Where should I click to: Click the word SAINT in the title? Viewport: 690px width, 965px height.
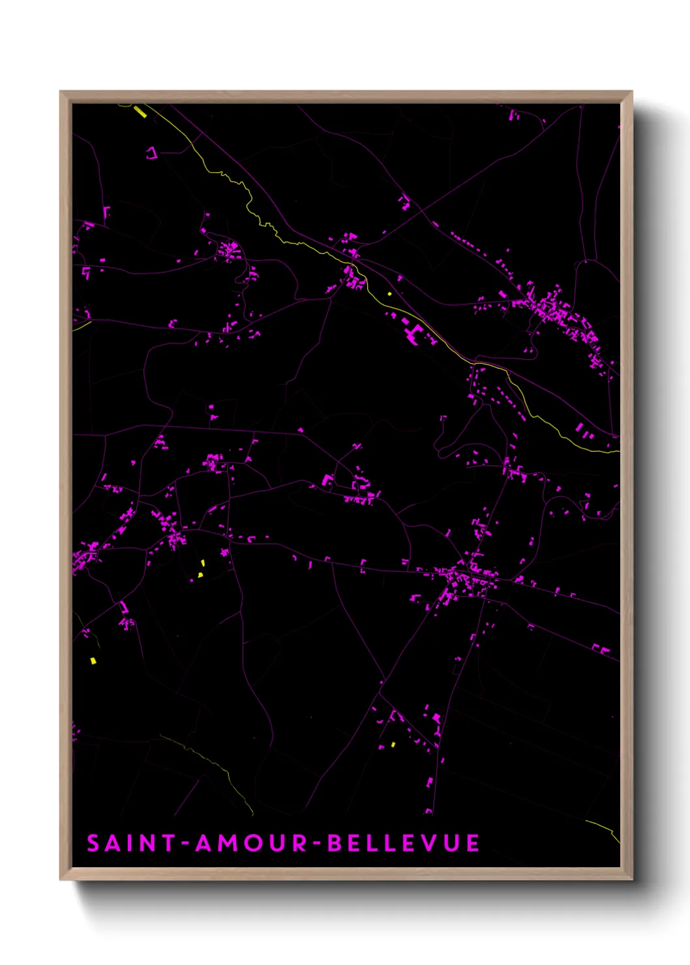131,843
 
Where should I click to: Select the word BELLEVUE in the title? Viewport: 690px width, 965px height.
403,843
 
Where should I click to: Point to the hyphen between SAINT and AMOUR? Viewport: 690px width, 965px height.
185,844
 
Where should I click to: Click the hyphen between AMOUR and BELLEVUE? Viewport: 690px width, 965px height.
317,844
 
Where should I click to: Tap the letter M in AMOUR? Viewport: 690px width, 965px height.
227,843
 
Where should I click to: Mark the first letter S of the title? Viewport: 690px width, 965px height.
93,843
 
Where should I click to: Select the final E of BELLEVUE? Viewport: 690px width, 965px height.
473,843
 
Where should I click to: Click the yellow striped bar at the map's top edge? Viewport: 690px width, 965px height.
140,112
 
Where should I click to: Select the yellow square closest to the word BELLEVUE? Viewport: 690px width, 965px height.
393,744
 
